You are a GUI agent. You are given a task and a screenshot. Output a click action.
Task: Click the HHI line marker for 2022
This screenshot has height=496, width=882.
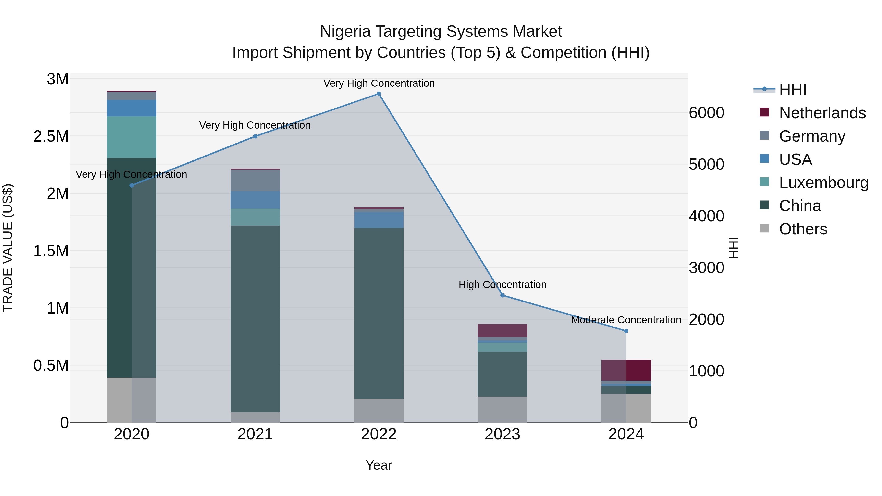click(379, 94)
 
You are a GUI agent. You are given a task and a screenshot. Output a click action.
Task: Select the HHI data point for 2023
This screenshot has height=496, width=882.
click(502, 295)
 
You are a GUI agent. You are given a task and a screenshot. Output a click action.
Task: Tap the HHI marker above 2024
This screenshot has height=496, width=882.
click(626, 331)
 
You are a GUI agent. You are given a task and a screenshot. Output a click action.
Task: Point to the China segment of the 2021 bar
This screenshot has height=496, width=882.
click(255, 318)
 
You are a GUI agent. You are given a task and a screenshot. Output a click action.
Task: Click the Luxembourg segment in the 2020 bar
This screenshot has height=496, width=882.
click(132, 137)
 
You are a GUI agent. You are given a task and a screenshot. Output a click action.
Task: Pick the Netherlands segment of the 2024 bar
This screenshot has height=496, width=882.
click(626, 370)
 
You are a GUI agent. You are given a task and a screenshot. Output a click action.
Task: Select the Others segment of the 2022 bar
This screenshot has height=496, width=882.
click(379, 411)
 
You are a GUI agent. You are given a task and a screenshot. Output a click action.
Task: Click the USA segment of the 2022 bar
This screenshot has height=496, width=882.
click(379, 220)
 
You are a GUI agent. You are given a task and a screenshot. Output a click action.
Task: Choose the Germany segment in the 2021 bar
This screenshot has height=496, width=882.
click(255, 180)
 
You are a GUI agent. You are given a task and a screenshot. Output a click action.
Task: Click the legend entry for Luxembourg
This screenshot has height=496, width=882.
click(823, 182)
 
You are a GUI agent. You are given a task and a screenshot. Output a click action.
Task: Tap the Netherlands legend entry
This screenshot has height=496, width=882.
click(822, 113)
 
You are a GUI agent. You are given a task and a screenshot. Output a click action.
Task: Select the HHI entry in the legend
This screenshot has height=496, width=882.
click(792, 90)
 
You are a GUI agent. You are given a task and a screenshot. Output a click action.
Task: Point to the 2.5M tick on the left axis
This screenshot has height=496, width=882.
click(51, 136)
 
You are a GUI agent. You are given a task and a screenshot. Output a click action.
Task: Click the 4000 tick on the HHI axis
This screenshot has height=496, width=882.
click(706, 216)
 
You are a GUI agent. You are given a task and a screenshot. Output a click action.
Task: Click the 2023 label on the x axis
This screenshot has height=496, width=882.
click(502, 434)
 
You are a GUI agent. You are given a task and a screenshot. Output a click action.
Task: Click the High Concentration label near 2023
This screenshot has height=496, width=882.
click(502, 284)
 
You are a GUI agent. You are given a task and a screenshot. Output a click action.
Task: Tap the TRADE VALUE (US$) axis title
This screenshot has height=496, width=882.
click(8, 248)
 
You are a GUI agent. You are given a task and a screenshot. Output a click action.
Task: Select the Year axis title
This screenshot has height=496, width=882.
click(379, 465)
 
